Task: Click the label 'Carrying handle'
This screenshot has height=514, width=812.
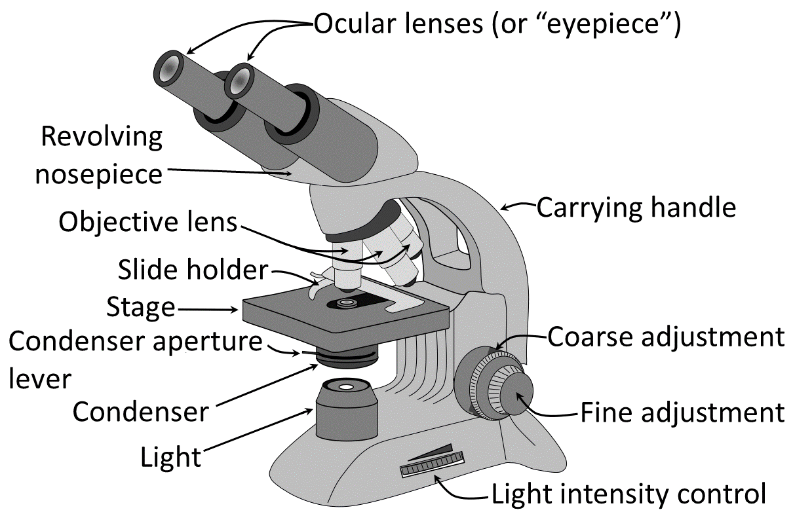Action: [636, 208]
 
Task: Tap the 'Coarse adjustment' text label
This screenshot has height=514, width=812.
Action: [665, 337]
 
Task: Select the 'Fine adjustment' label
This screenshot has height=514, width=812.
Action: [682, 413]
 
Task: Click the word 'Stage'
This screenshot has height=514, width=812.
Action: [141, 306]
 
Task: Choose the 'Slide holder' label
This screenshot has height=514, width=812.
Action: [193, 269]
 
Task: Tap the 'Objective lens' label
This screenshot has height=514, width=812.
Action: [147, 222]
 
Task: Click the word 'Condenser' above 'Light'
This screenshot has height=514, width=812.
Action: [141, 412]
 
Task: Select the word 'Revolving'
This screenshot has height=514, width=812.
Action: [102, 137]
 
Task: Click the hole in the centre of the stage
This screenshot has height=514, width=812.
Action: [345, 303]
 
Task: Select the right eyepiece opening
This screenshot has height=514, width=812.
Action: [239, 79]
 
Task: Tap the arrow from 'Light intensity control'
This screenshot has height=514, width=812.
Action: [462, 488]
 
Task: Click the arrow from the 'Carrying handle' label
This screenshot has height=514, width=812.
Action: [518, 207]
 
